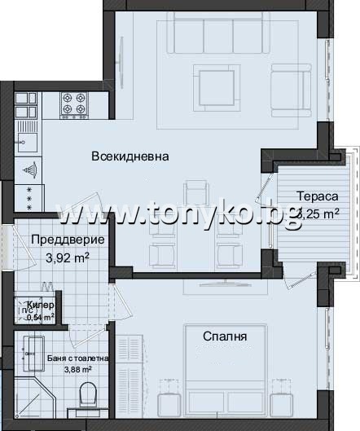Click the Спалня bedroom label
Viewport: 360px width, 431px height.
(225, 335)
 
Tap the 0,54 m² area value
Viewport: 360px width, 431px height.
(41, 317)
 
